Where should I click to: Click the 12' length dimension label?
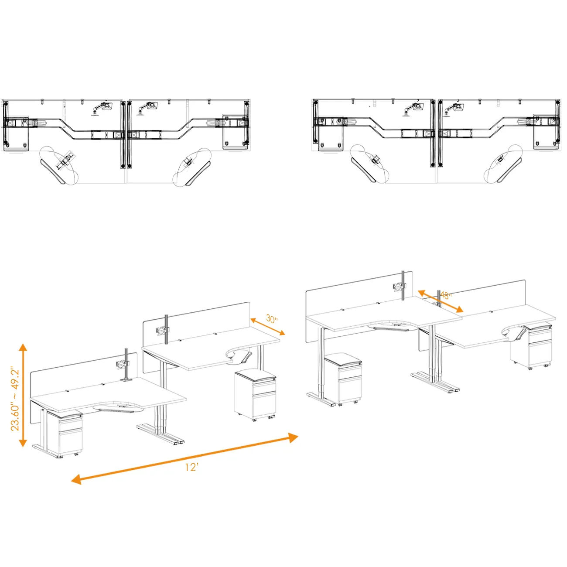(191, 467)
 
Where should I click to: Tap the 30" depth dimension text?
(272, 319)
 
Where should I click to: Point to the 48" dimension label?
(445, 296)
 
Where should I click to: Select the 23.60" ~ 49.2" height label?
(15, 399)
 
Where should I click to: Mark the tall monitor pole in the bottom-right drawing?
(404, 286)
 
